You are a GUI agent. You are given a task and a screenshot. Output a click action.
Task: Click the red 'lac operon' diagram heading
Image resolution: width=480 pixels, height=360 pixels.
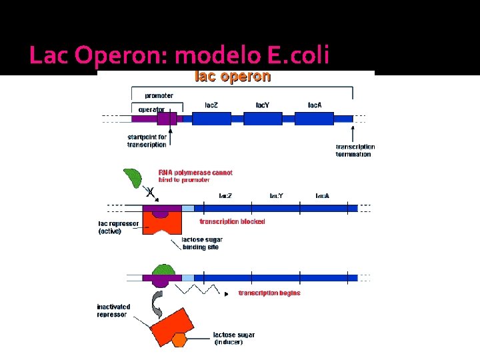point(232,76)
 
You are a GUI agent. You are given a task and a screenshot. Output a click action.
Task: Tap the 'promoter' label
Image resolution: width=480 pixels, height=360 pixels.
point(159,96)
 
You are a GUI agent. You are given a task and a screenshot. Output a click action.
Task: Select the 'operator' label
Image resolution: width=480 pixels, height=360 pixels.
point(151,109)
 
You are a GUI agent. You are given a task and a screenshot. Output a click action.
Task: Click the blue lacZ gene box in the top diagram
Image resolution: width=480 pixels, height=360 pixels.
point(211,119)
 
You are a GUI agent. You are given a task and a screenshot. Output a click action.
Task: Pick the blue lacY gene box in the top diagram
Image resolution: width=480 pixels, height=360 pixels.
point(263,119)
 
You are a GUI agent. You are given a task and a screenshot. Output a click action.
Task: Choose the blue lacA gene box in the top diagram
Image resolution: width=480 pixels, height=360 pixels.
point(315,119)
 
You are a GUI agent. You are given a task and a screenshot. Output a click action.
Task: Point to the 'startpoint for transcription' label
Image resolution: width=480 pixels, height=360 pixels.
point(147,141)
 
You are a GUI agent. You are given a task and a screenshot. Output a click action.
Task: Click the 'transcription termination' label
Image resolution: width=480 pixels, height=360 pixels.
point(355,150)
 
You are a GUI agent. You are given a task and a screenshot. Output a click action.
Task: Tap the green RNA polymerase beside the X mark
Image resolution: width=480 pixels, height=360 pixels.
point(133,178)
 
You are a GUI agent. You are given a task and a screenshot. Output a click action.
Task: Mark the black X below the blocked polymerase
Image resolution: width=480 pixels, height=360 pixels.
point(150,193)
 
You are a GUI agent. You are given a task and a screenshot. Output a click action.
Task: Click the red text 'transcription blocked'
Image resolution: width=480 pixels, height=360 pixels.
point(233,221)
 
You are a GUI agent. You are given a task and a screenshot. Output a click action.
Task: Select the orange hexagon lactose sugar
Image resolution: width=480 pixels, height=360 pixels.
point(179,340)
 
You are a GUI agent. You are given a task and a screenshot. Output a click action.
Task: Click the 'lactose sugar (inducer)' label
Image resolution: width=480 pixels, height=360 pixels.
point(233,338)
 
